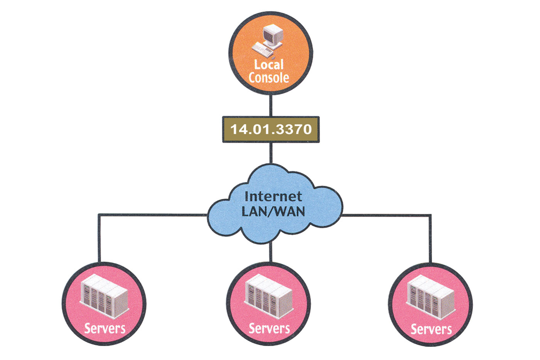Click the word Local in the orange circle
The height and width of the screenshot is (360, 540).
269,64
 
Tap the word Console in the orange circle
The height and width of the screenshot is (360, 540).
269,78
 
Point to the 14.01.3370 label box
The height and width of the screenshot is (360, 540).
271,129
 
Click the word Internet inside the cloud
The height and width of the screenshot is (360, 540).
273,196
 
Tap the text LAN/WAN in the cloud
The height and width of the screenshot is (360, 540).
273,211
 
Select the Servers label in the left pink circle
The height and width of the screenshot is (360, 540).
105,328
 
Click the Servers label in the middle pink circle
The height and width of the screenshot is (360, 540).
269,328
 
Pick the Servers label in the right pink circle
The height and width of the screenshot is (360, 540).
431,329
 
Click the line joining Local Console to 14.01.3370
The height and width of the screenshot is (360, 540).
271,105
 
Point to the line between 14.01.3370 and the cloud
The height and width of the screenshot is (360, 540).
271,153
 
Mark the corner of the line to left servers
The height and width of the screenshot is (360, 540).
99,215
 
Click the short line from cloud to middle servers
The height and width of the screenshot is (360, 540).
271,253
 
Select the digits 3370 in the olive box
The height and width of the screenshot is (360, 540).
294,129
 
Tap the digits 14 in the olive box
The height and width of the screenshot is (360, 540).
238,129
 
